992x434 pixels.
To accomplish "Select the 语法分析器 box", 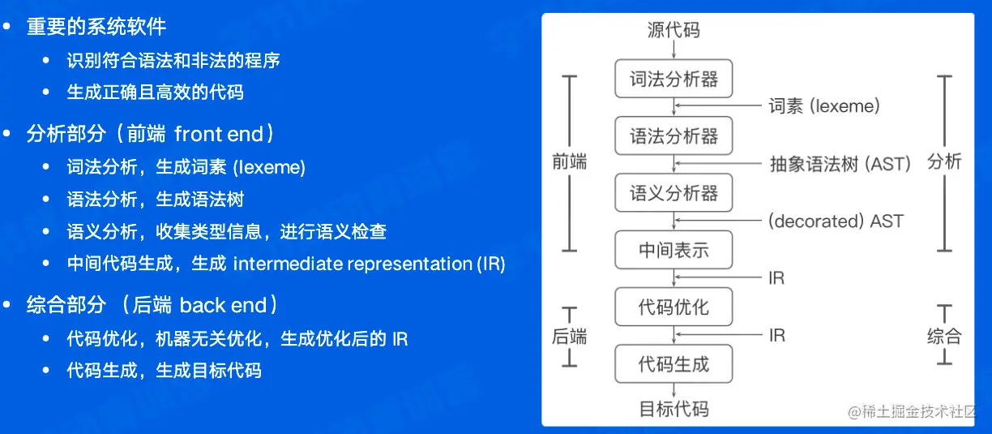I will (x=673, y=135).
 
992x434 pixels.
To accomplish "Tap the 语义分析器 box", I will (x=673, y=193).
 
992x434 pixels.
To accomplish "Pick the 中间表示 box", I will (x=673, y=250).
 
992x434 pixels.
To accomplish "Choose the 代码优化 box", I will (x=673, y=307).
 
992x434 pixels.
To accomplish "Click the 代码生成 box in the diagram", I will (x=673, y=363).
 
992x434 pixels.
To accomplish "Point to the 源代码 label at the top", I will (x=673, y=31).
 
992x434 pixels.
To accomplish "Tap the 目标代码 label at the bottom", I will (x=673, y=408).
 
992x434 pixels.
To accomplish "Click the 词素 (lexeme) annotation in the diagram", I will (x=824, y=106).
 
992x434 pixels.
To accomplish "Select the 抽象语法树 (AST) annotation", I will (x=840, y=164).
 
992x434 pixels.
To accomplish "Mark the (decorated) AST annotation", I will (x=836, y=221).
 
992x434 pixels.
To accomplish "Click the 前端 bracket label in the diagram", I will (x=569, y=161).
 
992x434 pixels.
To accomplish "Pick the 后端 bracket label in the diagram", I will (x=569, y=337).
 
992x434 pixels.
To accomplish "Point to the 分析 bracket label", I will (x=944, y=161).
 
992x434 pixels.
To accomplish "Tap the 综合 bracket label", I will (x=944, y=337).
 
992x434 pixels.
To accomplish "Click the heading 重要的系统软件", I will (x=96, y=26).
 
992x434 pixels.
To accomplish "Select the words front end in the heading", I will (x=219, y=134).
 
